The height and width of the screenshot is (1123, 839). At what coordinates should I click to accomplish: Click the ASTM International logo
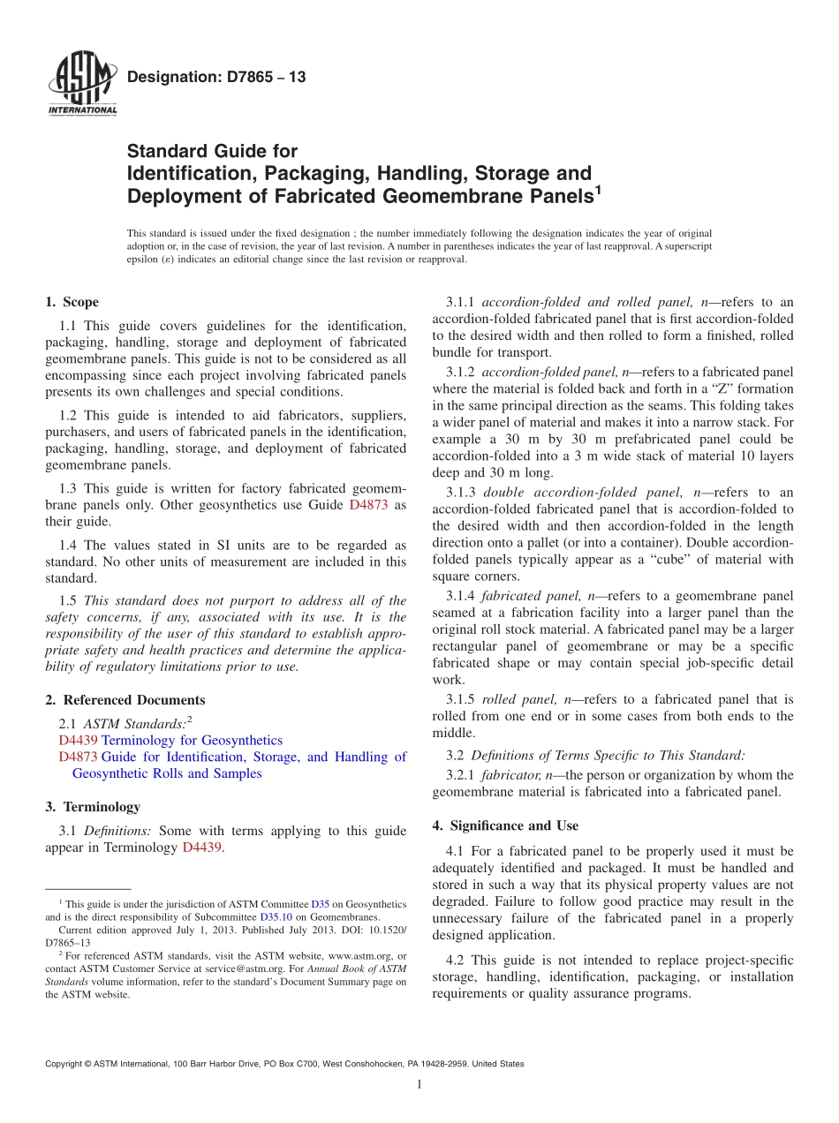(81, 83)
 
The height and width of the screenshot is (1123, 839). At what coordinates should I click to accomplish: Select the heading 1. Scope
(72, 302)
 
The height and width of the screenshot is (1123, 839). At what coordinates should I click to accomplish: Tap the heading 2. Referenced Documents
(125, 700)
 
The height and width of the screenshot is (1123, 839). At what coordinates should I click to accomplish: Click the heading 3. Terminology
(93, 807)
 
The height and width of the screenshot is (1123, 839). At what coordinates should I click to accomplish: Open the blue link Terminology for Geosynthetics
(193, 740)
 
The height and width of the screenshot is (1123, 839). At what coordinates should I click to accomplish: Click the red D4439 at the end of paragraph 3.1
(202, 848)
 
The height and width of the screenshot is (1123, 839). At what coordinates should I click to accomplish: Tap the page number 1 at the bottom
(419, 1084)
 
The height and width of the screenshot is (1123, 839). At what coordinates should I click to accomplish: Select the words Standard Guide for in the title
(213, 152)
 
